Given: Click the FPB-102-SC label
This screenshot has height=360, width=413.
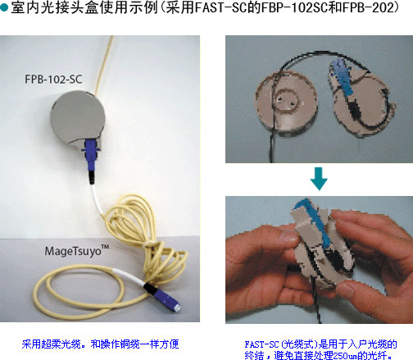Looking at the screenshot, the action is coord(53,80).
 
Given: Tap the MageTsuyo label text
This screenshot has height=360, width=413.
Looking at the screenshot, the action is coord(77,251).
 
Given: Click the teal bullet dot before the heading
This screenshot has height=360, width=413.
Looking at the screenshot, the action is coord(4,7).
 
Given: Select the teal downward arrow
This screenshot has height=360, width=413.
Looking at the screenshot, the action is coord(319,179).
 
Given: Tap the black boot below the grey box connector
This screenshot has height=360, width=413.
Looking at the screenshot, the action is coord(92,177).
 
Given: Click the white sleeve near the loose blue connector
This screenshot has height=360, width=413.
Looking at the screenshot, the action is coord(128,277).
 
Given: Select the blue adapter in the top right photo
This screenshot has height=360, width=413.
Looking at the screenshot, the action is coord(342,77).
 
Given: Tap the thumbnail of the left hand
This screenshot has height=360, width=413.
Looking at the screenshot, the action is coord(288,235).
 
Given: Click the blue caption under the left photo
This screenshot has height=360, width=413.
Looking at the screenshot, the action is coord(100,344).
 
